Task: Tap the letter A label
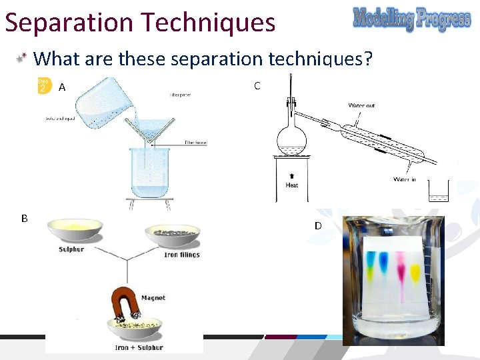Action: point(62,87)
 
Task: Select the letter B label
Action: point(24,218)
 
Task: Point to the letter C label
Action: point(257,85)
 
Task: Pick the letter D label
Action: point(318,226)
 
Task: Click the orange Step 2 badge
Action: point(43,86)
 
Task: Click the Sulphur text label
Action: point(71,249)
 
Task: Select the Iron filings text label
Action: point(181,255)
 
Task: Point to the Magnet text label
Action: point(153,298)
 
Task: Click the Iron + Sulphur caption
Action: point(139,347)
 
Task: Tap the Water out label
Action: point(361,105)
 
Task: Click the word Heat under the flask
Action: point(291,185)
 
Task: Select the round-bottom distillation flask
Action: point(291,139)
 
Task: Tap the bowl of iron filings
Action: point(172,235)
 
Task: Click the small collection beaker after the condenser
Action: point(439,192)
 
